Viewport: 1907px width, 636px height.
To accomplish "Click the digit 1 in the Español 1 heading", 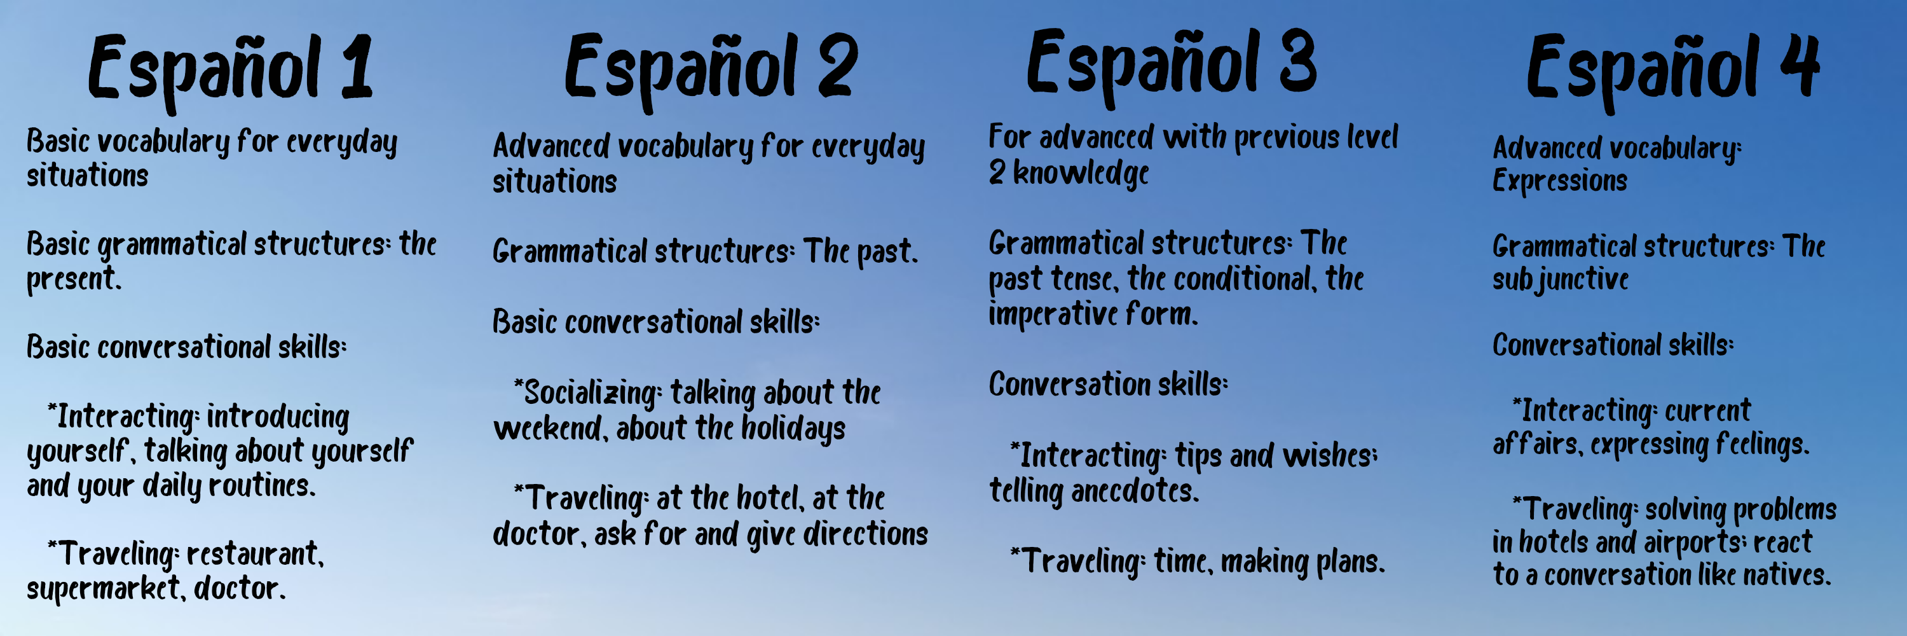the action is point(357,69).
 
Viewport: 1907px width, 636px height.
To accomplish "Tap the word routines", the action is point(262,486).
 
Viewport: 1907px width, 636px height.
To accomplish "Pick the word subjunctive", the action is point(1560,280).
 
